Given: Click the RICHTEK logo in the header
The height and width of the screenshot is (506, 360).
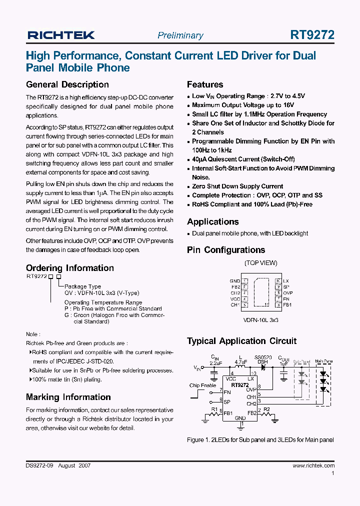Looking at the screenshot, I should pyautogui.click(x=61, y=35).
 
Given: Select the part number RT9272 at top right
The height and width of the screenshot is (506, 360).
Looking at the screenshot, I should pyautogui.click(x=312, y=35).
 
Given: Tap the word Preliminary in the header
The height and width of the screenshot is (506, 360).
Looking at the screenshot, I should pyautogui.click(x=180, y=35).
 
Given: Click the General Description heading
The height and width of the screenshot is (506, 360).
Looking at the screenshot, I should pyautogui.click(x=67, y=84).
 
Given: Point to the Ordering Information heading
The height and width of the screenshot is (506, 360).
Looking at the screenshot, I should pyautogui.click(x=70, y=268).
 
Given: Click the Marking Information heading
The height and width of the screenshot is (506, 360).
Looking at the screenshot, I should pyautogui.click(x=68, y=397).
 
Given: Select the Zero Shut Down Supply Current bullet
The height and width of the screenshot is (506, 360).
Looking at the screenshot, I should pyautogui.click(x=237, y=186).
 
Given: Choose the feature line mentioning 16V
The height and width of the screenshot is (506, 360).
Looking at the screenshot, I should pyautogui.click(x=243, y=105).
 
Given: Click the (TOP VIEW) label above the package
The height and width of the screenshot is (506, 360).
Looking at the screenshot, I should pyautogui.click(x=260, y=263).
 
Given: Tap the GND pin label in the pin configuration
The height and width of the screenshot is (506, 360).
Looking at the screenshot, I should pyautogui.click(x=234, y=281).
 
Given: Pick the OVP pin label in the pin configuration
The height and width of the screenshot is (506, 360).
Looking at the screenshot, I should pyautogui.click(x=287, y=293).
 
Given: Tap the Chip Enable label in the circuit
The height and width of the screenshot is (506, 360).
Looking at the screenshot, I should pyautogui.click(x=203, y=385).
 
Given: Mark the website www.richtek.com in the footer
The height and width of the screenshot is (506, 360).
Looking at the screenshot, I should pyautogui.click(x=313, y=465).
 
